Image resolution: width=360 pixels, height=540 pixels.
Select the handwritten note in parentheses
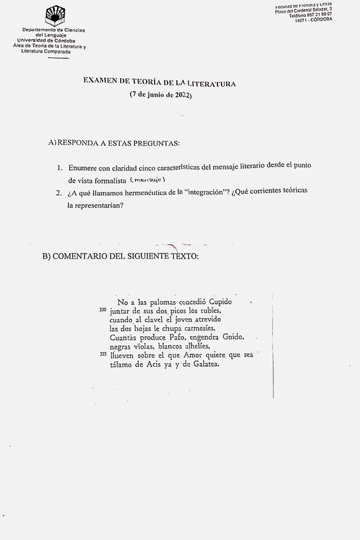[x=148, y=180]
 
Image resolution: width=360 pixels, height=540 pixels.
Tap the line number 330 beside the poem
[x=103, y=309]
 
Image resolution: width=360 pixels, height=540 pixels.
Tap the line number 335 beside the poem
[x=103, y=354]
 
